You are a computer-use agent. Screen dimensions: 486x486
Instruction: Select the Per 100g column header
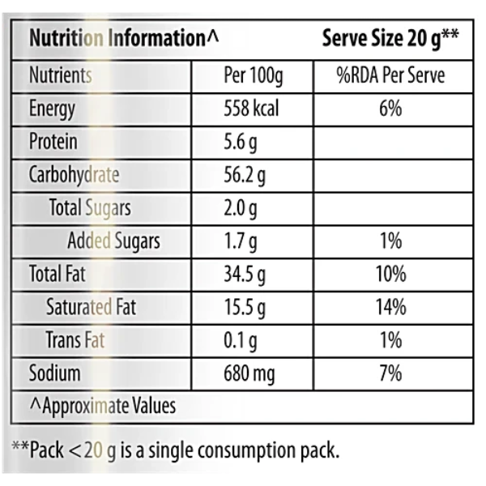pos(253,76)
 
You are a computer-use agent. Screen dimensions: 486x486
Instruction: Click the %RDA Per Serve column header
pos(390,76)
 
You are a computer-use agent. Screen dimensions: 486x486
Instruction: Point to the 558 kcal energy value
pos(251,109)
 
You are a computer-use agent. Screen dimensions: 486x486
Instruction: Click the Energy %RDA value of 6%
pos(390,109)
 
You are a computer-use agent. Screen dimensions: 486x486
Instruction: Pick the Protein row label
pos(53,142)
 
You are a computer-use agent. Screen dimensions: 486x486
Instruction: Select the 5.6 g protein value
pos(241,142)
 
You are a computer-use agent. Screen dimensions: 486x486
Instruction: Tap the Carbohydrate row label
pos(74,175)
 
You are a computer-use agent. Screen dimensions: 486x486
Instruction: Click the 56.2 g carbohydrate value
pos(245,175)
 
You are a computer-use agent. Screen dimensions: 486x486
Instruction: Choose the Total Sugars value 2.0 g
pos(241,208)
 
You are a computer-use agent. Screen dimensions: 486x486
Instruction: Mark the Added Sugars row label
pos(113,241)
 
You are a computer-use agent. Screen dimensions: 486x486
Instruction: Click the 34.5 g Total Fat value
pos(245,275)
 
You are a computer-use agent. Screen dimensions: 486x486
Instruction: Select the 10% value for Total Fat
pos(390,275)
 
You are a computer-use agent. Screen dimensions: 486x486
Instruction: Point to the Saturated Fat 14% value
pos(390,308)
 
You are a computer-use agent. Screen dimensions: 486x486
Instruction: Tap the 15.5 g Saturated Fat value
pos(245,308)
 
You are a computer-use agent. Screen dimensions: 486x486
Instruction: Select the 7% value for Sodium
pos(390,373)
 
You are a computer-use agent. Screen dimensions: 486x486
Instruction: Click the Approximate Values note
pos(103,405)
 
